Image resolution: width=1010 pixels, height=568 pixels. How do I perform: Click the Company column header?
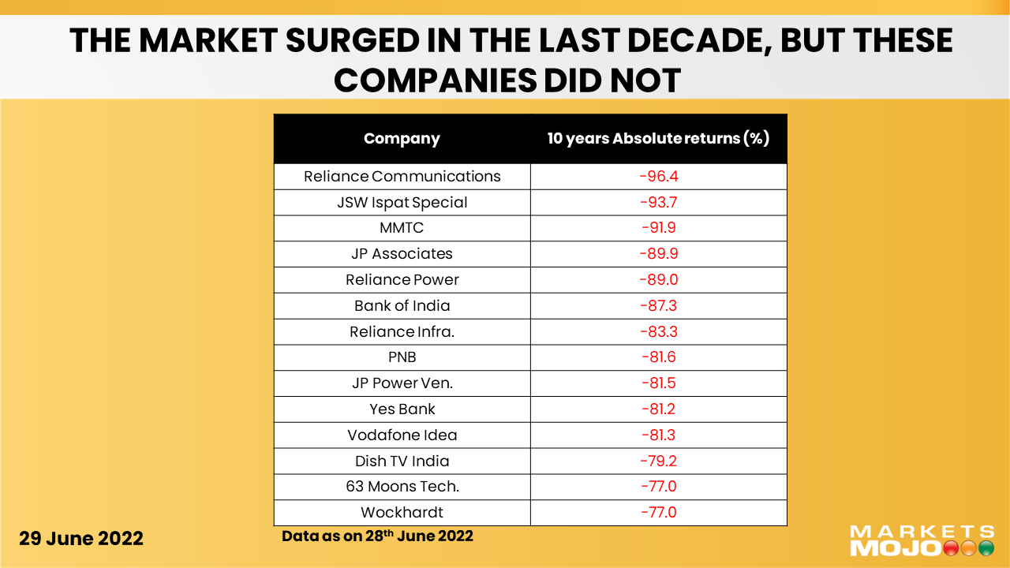coord(402,139)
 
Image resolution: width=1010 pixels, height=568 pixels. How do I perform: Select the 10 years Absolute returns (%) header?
coord(658,139)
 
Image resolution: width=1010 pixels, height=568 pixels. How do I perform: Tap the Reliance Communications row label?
coord(402,176)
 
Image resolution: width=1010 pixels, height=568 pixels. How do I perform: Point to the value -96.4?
coord(658,176)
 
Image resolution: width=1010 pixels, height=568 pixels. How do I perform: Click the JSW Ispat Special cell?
coord(402,202)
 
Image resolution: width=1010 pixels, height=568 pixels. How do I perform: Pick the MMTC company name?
coord(402,228)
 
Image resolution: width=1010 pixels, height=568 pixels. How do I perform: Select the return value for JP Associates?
coord(658,254)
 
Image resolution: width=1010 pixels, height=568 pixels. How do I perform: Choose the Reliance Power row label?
coord(402,280)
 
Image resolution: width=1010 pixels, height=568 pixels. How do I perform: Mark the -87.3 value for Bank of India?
coord(658,306)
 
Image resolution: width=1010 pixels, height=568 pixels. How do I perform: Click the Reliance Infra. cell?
coord(402,331)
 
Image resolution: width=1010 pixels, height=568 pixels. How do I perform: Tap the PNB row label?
coord(402,357)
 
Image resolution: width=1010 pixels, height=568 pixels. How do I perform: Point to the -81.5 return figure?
coord(658,383)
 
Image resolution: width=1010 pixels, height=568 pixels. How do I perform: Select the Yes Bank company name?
coord(402,409)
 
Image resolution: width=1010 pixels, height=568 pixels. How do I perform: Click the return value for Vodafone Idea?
coord(658,435)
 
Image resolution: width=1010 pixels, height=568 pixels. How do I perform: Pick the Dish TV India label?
coord(402,461)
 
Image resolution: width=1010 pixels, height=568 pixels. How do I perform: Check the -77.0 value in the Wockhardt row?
coord(658,513)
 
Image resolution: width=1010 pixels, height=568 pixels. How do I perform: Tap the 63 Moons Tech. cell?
coord(402,487)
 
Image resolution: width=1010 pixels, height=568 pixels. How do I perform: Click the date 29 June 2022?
coord(81,539)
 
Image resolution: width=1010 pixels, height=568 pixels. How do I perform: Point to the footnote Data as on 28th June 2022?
coord(377,536)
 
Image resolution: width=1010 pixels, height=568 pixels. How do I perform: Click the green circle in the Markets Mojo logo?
coord(986,547)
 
